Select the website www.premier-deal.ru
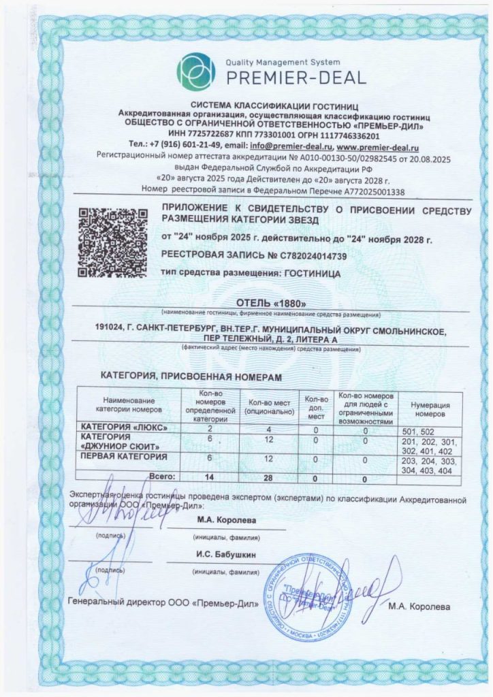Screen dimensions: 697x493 pos(377,146)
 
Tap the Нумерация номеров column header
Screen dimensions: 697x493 pos(428,409)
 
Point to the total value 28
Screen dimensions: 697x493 pos(268,478)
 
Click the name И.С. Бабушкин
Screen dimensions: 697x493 pos(226,555)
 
